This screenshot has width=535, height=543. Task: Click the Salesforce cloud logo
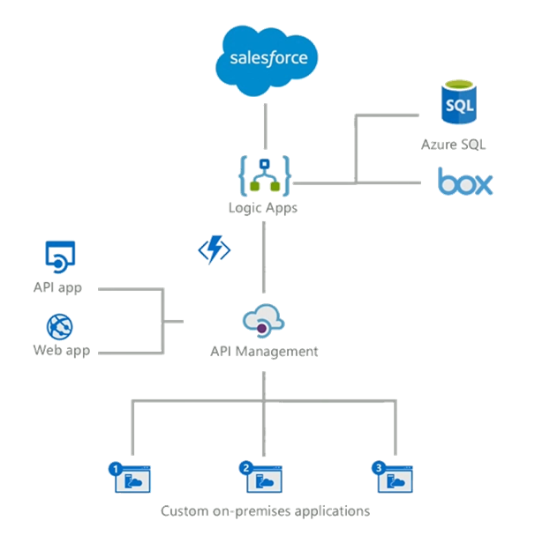267,59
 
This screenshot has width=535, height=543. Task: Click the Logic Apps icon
266,174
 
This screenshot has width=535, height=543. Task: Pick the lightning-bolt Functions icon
214,250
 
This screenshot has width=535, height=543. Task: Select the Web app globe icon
59,326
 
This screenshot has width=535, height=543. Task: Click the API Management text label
264,351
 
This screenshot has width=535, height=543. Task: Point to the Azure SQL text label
453,144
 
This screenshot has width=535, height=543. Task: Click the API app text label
58,287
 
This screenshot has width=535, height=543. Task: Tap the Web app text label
58,351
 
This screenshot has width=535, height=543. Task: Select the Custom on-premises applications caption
265,510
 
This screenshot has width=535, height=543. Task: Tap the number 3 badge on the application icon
379,468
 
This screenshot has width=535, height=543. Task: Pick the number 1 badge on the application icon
115,468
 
